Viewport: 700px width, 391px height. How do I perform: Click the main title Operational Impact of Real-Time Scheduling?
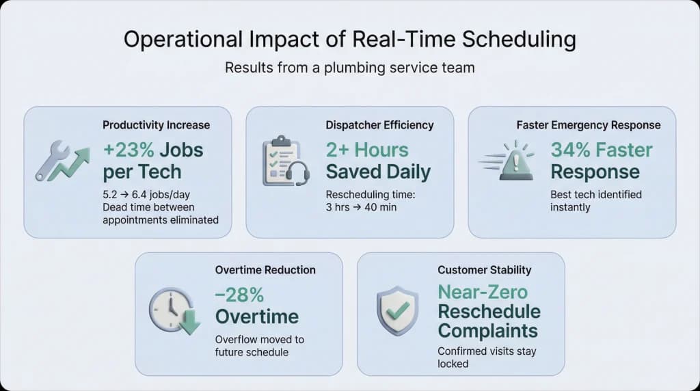click(x=349, y=40)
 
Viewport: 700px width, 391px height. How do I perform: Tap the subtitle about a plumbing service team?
click(x=349, y=68)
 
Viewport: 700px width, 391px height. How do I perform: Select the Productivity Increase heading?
click(x=156, y=125)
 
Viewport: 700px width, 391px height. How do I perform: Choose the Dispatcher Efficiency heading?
click(x=379, y=125)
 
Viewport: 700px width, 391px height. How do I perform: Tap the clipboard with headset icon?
click(x=285, y=161)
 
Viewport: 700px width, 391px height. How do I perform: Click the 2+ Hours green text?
click(x=367, y=150)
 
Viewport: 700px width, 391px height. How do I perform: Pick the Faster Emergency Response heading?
click(x=589, y=125)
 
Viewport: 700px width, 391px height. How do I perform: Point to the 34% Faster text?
click(x=602, y=150)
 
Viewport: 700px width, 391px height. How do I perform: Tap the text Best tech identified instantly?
click(x=596, y=200)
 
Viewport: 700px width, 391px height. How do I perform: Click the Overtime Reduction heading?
click(x=265, y=270)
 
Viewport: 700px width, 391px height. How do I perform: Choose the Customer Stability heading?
click(x=484, y=270)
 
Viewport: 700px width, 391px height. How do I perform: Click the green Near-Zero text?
click(x=483, y=293)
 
